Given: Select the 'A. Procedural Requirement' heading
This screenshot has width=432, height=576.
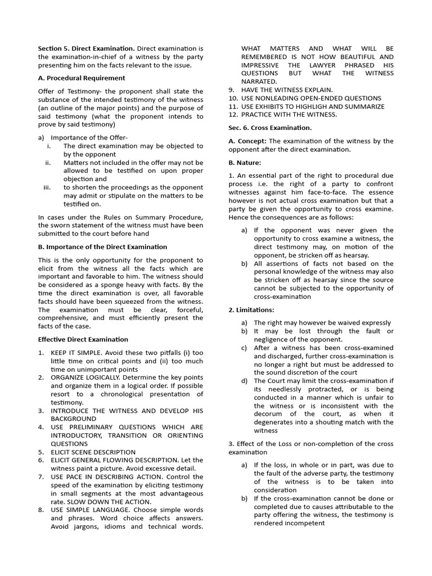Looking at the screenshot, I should pyautogui.click(x=82, y=78).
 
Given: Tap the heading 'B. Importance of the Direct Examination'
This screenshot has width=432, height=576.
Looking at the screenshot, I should pyautogui.click(x=102, y=247).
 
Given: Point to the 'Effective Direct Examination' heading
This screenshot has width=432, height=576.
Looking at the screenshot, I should pyautogui.click(x=83, y=339).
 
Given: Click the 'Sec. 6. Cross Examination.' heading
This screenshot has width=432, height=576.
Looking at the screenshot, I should pyautogui.click(x=270, y=128).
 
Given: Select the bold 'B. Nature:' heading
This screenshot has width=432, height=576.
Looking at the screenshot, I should pyautogui.click(x=245, y=163).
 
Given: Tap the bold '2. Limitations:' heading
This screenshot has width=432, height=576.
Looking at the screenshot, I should pyautogui.click(x=251, y=310).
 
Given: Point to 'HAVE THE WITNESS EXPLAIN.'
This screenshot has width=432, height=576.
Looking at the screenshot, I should pyautogui.click(x=287, y=89).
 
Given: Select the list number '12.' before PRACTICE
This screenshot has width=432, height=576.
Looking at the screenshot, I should pyautogui.click(x=233, y=115).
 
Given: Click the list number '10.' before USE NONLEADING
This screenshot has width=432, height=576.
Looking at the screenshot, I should pyautogui.click(x=233, y=98).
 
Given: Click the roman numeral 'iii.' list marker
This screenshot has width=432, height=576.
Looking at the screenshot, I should pyautogui.click(x=47, y=187).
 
